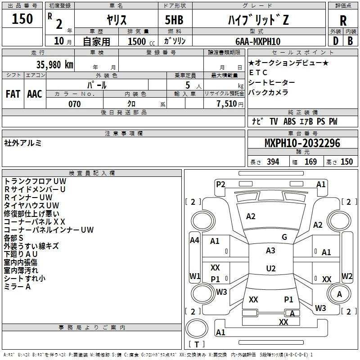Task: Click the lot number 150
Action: tap(22, 19)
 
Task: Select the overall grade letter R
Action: tap(343, 21)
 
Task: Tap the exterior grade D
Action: tap(335, 41)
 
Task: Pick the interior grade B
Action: tap(350, 41)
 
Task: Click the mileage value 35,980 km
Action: tap(54, 65)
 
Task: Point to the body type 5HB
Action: tap(174, 20)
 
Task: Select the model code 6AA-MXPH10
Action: tap(258, 41)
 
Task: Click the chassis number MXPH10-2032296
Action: tap(302, 143)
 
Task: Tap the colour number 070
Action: tap(75, 104)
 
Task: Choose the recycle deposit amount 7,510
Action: tap(227, 104)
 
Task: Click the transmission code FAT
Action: tap(13, 94)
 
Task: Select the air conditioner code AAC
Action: tap(35, 94)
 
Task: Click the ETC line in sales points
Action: tap(258, 72)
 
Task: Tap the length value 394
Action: tap(273, 162)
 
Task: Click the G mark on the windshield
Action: tap(284, 237)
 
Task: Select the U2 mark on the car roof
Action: tap(271, 268)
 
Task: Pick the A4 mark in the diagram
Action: tap(195, 240)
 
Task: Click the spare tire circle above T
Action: tap(197, 328)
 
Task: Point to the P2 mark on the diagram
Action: tap(220, 184)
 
